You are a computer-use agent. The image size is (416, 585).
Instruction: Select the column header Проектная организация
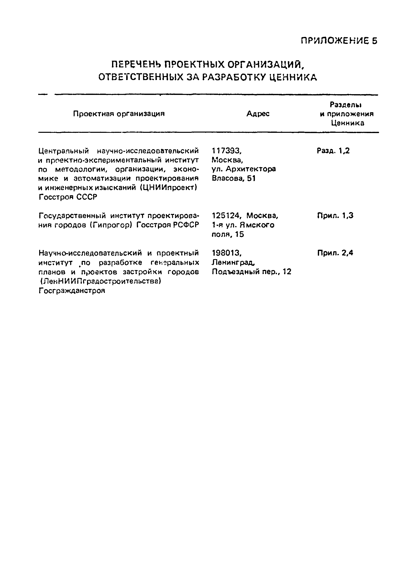tap(119, 114)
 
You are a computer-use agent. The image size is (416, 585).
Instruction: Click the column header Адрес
tap(258, 114)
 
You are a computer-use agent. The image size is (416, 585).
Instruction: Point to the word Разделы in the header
tap(346, 105)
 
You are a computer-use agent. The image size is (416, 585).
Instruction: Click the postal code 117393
tap(227, 151)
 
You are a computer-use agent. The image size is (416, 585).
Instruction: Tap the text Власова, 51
tap(234, 178)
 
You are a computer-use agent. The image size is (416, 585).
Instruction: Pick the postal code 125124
tap(227, 216)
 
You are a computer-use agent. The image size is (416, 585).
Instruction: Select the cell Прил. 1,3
tap(335, 216)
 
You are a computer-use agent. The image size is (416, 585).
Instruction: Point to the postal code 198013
tap(227, 253)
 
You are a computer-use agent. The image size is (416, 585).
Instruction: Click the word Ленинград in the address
tap(233, 262)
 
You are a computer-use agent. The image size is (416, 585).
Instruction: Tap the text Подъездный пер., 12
tap(252, 272)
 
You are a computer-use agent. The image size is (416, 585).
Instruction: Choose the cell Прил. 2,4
tap(335, 253)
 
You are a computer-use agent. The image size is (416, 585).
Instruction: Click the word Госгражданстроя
tap(72, 291)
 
